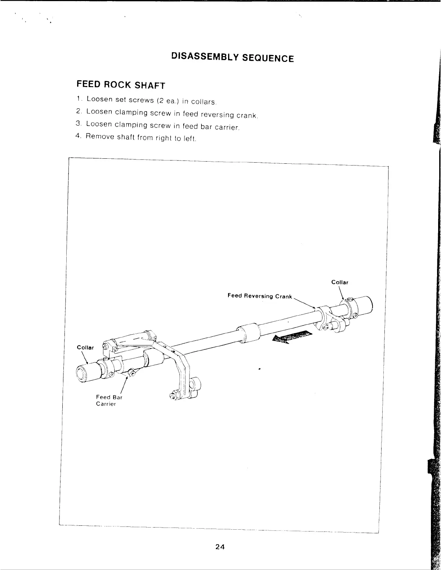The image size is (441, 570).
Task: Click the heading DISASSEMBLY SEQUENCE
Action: click(x=232, y=57)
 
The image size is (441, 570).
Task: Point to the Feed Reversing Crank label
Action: click(x=259, y=296)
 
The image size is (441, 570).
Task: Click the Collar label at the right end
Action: click(x=340, y=282)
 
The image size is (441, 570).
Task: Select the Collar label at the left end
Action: click(x=85, y=347)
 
